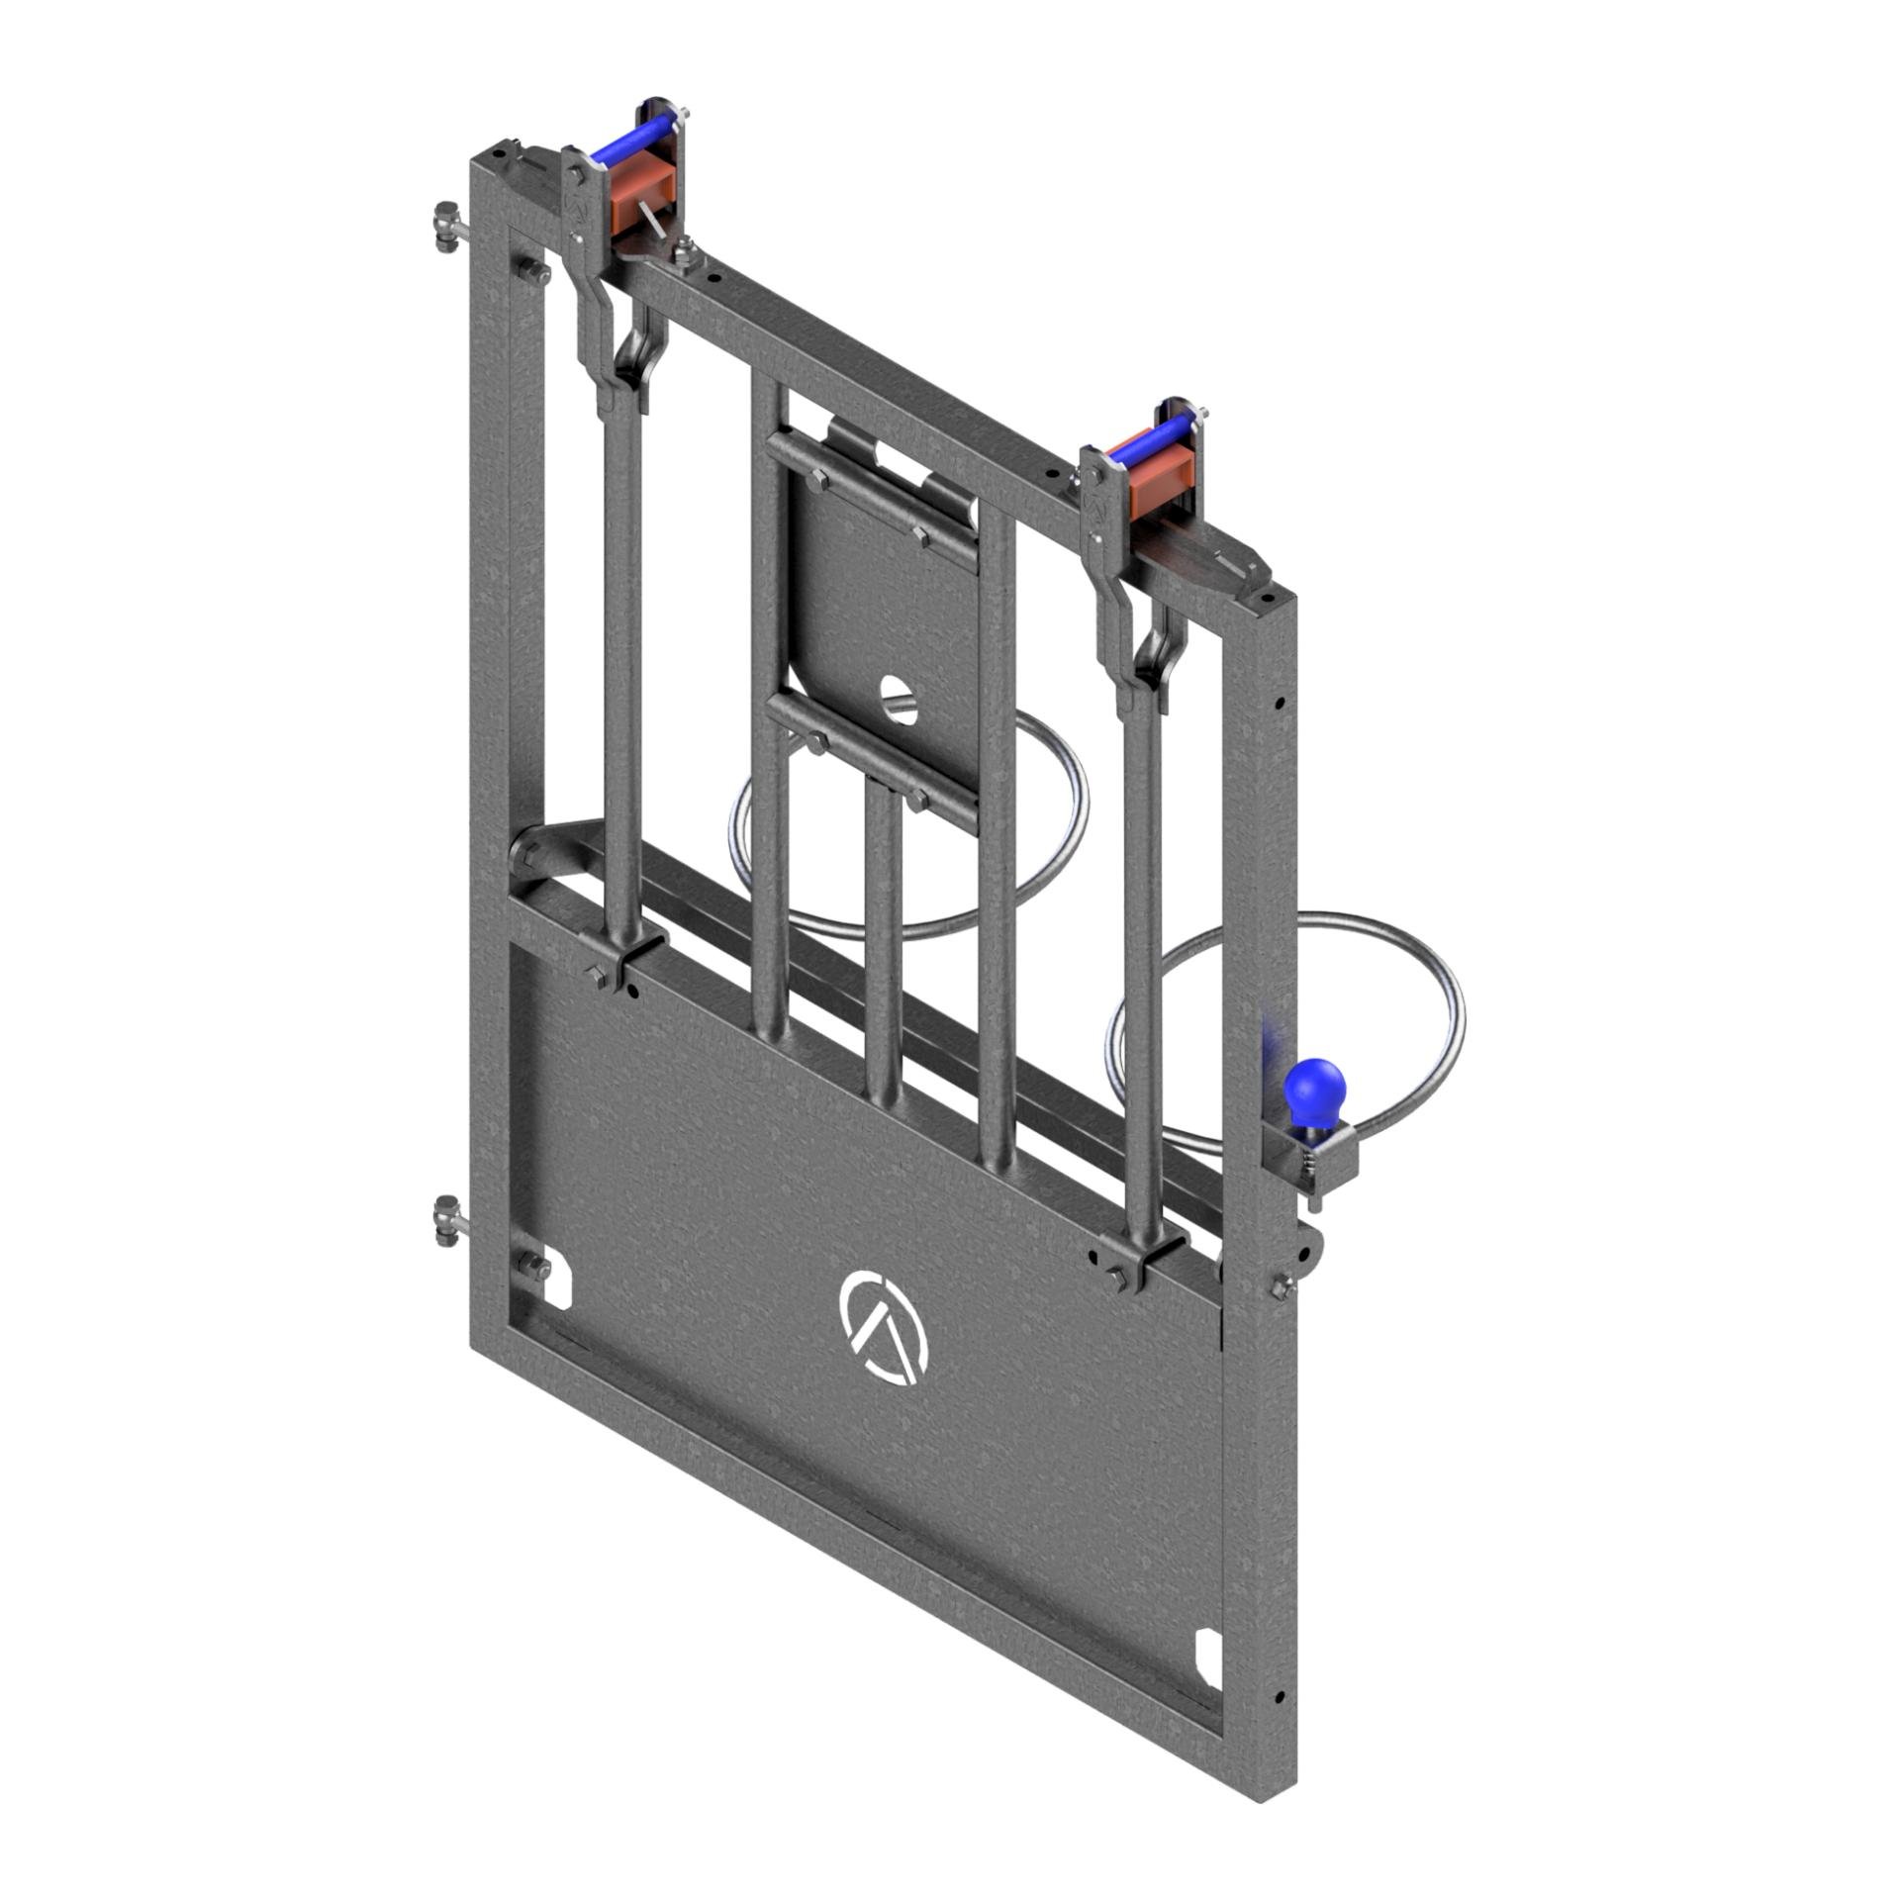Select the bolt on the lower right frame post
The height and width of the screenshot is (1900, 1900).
(x=1283, y=1283)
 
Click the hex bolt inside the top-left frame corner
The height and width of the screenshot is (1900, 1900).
(x=530, y=273)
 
